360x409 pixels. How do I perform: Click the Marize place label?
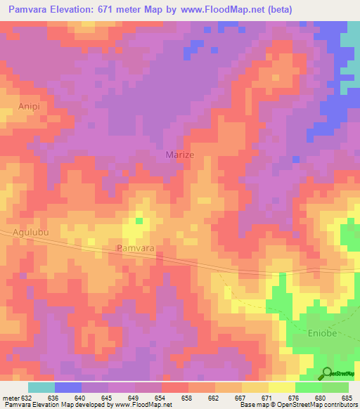(179, 155)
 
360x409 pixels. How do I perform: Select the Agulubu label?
(31, 231)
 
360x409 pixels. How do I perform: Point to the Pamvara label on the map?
(134, 249)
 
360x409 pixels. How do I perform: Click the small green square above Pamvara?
(139, 221)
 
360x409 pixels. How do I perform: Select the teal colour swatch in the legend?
(41, 387)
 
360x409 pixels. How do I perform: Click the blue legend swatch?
(67, 387)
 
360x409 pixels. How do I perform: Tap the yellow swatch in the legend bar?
(255, 387)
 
